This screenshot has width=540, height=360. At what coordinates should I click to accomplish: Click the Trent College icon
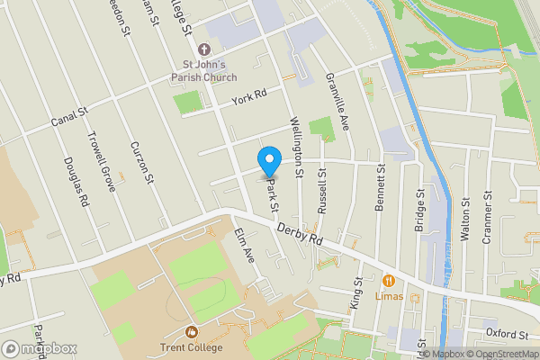[191, 331]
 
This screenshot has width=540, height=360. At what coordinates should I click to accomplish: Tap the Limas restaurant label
[389, 295]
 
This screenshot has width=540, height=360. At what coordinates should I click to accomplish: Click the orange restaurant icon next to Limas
[390, 280]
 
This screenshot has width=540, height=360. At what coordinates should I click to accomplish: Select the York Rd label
[249, 95]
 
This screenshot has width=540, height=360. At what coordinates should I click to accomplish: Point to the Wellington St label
[295, 140]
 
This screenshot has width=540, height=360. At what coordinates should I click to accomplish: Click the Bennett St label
[381, 187]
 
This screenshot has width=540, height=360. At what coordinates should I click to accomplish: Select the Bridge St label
[419, 209]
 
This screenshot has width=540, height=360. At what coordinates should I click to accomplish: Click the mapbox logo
[39, 348]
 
